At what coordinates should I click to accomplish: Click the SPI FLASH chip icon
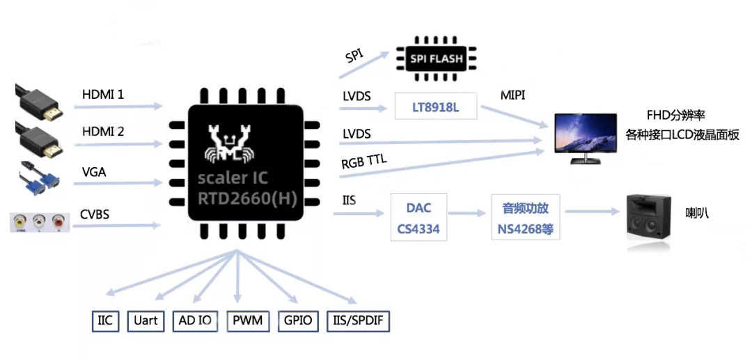point(436,58)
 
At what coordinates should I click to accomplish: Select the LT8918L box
point(436,109)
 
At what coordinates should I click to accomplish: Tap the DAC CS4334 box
point(418,218)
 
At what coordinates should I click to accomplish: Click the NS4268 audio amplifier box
point(526,218)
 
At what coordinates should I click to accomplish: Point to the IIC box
point(105,321)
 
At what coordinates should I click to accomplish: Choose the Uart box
point(146,321)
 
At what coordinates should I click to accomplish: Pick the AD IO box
point(195,321)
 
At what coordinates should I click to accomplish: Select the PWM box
point(248,321)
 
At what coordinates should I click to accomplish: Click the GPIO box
point(297,321)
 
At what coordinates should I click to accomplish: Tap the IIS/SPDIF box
point(358,321)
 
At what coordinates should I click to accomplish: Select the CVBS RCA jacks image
point(39,223)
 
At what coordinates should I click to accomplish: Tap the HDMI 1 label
point(103,94)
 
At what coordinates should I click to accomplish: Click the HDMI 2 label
point(103,132)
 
